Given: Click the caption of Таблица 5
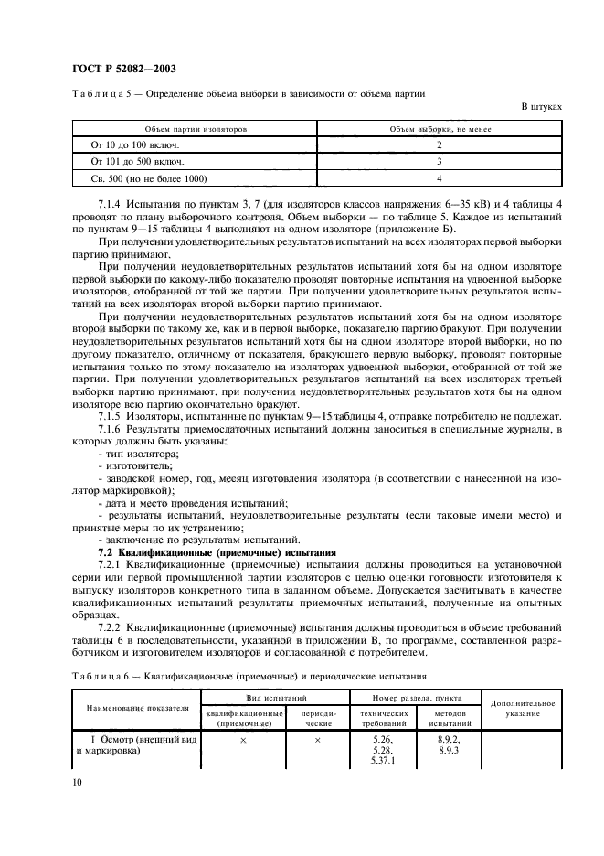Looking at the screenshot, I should coord(247,94).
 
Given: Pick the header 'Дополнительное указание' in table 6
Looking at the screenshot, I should coord(522,708).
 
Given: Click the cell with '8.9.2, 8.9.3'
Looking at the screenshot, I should coord(448,743).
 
